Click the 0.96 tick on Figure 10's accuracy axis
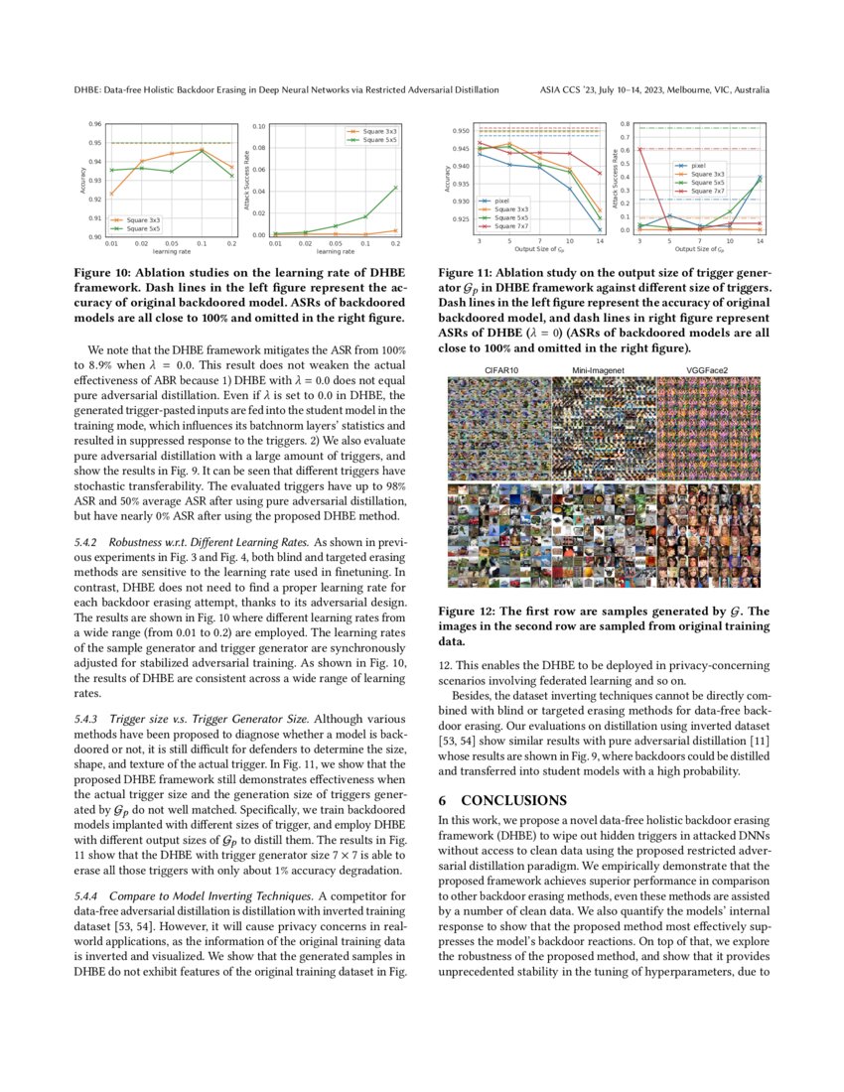tap(94, 124)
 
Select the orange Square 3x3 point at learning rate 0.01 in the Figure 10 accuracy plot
tap(111, 194)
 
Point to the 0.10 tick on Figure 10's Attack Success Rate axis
tap(258, 127)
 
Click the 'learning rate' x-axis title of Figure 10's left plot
tap(171, 251)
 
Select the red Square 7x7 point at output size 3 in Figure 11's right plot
tap(639, 149)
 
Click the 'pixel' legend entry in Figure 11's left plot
tap(502, 200)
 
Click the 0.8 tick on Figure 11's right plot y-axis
tap(626, 124)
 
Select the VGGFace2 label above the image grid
tap(707, 370)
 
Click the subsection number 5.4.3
tap(89, 717)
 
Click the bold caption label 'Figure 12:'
tap(472, 612)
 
